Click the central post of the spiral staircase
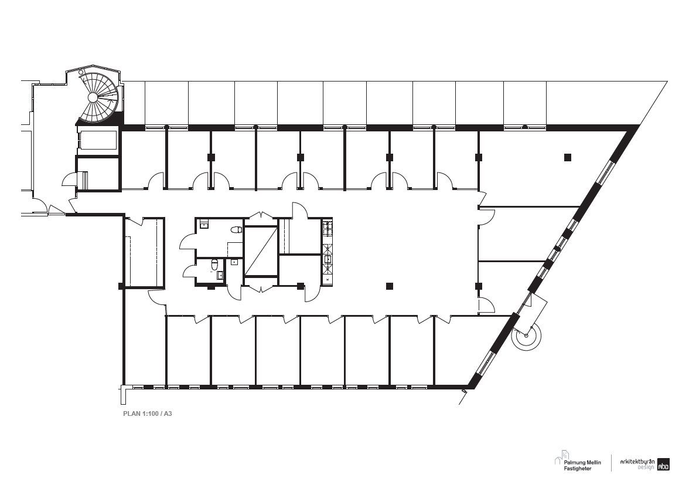pyautogui.click(x=93, y=97)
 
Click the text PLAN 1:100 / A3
pyautogui.click(x=147, y=414)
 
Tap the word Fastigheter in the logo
pyautogui.click(x=578, y=469)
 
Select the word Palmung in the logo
pyautogui.click(x=574, y=462)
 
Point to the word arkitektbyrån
pyautogui.click(x=637, y=462)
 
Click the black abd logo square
pyautogui.click(x=663, y=465)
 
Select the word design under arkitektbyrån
pyautogui.click(x=646, y=467)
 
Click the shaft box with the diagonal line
pyautogui.click(x=261, y=251)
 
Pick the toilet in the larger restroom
pyautogui.click(x=237, y=230)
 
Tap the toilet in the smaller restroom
pyautogui.click(x=214, y=265)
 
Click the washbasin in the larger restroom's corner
pyautogui.click(x=204, y=225)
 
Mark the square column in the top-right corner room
pyautogui.click(x=568, y=157)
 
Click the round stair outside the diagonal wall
pyautogui.click(x=526, y=336)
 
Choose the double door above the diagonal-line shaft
pyautogui.click(x=261, y=216)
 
